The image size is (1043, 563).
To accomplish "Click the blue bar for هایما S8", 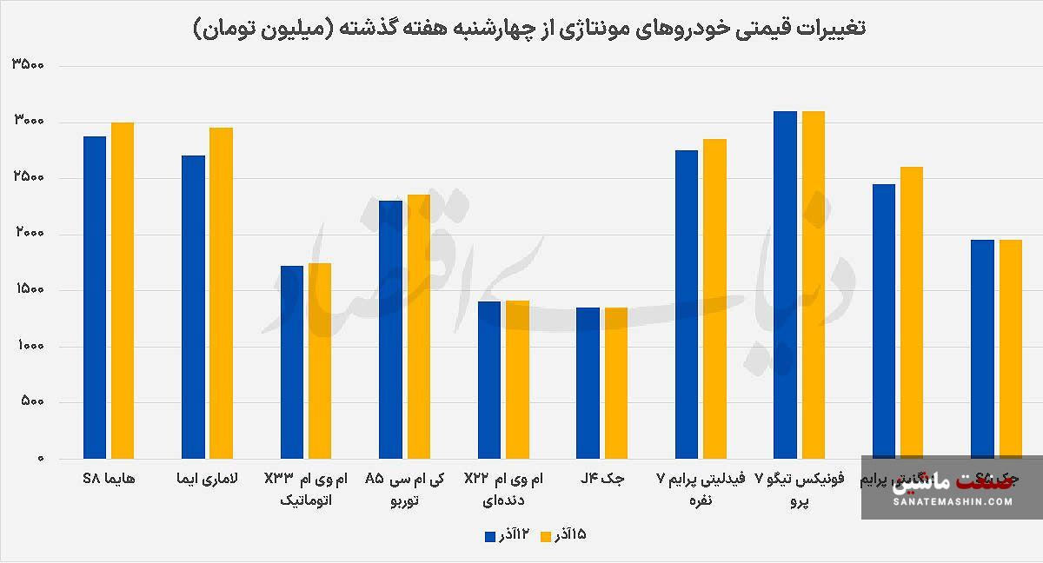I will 95,297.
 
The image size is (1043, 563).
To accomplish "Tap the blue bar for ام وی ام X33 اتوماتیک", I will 292,361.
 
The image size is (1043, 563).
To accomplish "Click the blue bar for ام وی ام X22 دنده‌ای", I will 488,380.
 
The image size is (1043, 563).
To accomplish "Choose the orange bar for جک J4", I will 615,382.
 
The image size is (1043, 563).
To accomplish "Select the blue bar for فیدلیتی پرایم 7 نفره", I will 687,304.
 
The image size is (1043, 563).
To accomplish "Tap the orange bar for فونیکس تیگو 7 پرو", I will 813,284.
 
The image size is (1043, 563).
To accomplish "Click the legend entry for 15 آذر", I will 564,535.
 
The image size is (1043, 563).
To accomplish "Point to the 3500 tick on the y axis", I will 29,66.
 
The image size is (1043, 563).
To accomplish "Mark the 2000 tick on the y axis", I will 29,235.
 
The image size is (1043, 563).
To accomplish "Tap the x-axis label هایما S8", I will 109,479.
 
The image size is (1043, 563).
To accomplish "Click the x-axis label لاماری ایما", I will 207,479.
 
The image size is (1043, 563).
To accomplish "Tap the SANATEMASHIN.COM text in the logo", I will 952,502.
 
